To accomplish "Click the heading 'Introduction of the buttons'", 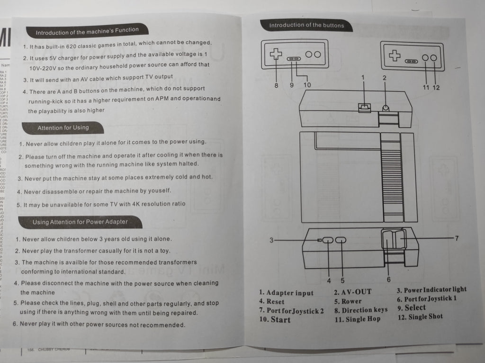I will coord(306,25).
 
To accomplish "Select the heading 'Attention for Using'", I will coord(63,127).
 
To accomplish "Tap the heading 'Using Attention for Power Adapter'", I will coord(80,222).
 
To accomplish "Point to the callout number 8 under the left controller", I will coord(276,85).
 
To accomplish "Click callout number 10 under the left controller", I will coord(307,85).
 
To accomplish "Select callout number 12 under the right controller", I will coord(436,87).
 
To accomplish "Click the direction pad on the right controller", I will coord(394,56).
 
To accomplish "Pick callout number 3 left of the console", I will coord(271,240).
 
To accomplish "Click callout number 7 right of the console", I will coord(457,238).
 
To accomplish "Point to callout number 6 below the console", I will coord(388,280).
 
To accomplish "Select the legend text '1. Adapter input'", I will coord(286,293).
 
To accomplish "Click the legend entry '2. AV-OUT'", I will coord(352,292).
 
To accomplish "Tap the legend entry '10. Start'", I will coord(275,319).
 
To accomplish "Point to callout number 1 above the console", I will coord(363,77).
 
